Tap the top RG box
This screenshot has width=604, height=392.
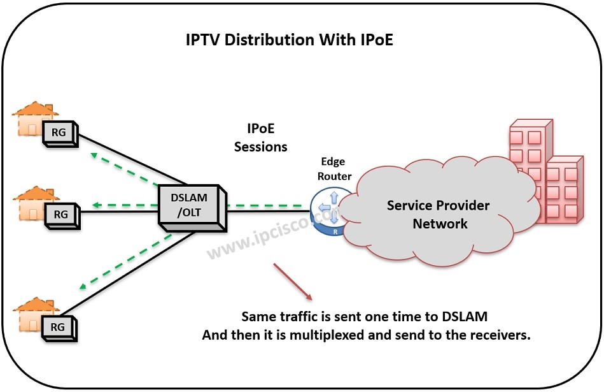click(60, 133)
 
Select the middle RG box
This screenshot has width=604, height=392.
click(60, 215)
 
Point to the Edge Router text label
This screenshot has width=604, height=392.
click(336, 169)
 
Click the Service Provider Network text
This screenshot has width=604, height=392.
click(439, 215)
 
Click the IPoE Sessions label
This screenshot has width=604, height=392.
click(260, 138)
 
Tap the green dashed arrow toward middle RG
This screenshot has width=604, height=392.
click(124, 205)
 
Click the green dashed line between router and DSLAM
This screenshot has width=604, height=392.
click(267, 206)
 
